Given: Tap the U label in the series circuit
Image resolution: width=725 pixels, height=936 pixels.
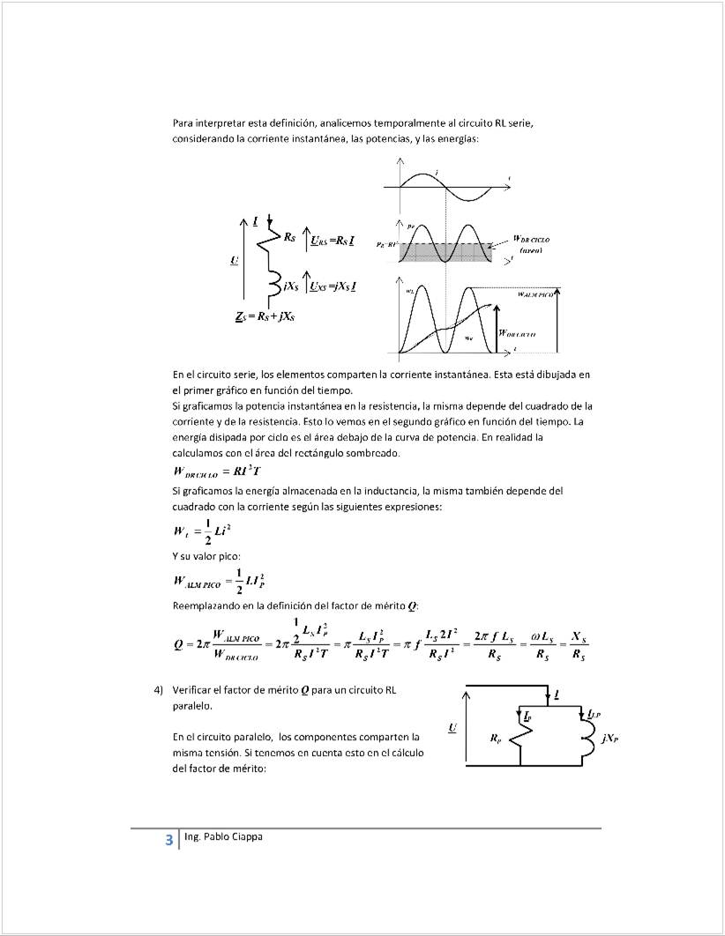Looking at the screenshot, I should pos(233,260).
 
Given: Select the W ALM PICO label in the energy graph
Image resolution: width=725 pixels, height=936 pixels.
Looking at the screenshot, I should pos(535,294).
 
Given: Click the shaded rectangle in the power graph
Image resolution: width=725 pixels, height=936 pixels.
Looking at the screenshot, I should pos(445,252).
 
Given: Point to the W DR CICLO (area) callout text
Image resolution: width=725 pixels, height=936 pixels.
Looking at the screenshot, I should pos(531,244).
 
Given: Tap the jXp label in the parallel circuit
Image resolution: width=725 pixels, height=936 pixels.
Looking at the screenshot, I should pos(608,739).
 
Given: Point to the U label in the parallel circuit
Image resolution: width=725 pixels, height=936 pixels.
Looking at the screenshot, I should pos(452,727).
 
